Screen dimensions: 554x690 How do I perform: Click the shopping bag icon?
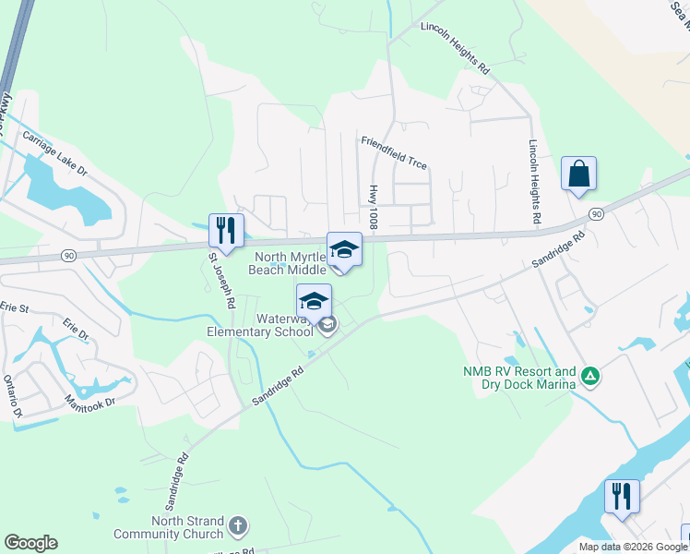click(578, 174)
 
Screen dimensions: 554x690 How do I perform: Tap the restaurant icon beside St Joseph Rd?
click(226, 231)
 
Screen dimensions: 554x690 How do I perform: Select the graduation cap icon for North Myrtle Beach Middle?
click(344, 249)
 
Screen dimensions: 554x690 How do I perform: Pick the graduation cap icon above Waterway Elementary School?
click(314, 301)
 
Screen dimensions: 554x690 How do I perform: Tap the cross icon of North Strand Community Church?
click(238, 526)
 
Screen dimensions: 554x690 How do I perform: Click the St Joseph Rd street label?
click(223, 280)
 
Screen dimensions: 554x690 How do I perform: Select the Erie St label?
click(15, 307)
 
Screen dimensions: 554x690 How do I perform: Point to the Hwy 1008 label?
click(374, 204)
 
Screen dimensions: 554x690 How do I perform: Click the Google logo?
click(30, 543)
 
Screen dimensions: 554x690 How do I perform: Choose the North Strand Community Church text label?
click(169, 527)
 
